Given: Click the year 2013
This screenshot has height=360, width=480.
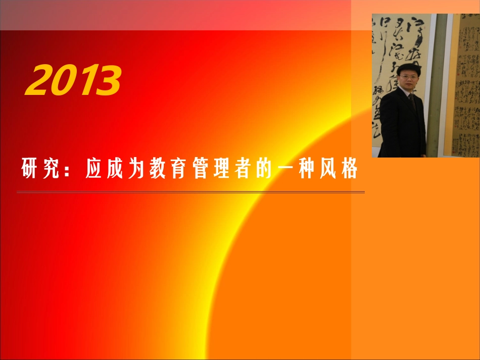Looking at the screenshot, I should pos(74,81).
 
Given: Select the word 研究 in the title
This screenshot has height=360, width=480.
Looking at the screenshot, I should pos(38,169).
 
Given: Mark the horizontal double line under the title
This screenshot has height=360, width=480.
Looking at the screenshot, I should pos(190,192).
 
